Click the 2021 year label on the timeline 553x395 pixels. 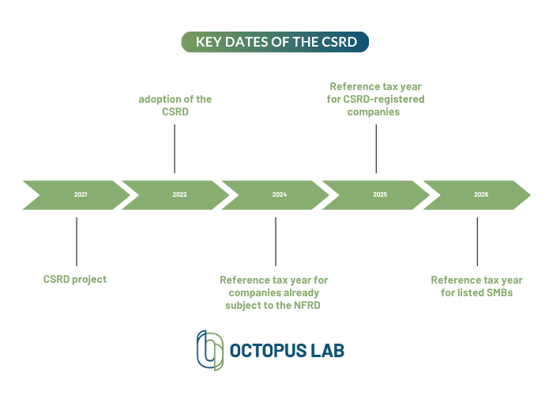tap(81, 194)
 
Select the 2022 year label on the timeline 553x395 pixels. tap(179, 194)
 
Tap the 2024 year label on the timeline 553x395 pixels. tap(280, 194)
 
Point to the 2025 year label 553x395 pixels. tap(380, 194)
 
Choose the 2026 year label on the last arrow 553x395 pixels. tap(481, 194)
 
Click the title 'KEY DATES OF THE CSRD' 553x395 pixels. tap(276, 42)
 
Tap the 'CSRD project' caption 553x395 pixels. tap(75, 280)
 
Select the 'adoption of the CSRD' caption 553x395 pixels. tap(175, 105)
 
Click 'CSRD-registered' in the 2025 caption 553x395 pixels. tap(384, 99)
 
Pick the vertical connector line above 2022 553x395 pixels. tap(175, 149)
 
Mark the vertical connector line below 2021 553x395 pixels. tap(77, 242)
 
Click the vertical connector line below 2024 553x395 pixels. tap(276, 242)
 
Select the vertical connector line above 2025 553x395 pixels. tap(376, 149)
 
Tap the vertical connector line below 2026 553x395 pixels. tap(477, 242)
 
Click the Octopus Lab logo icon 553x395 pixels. tap(210, 350)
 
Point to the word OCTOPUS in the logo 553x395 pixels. tap(268, 351)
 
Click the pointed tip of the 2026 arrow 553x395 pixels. tap(530, 195)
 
